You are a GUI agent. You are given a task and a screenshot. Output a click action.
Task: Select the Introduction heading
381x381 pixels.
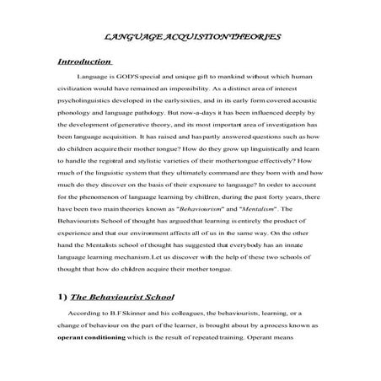tap(84, 62)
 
